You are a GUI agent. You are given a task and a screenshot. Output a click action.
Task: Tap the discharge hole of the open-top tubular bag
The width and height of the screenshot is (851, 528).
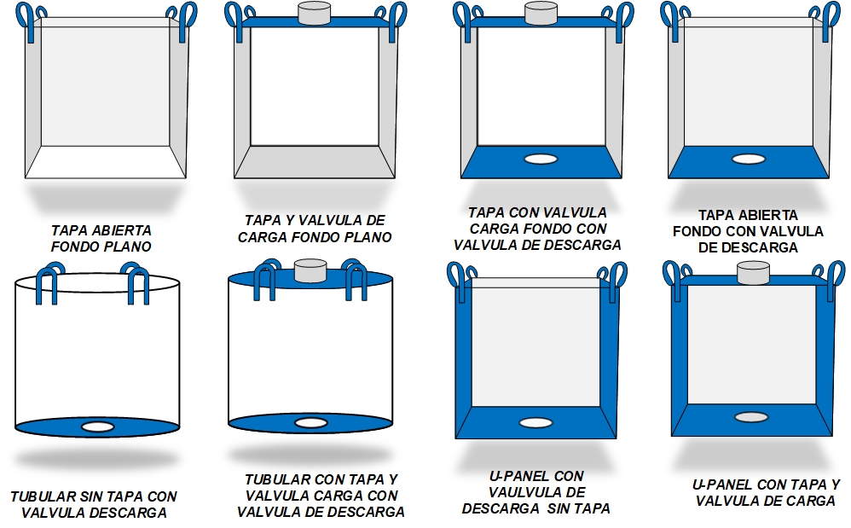tap(98, 427)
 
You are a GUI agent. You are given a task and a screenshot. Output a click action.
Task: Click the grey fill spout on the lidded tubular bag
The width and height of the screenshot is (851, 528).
tap(310, 270)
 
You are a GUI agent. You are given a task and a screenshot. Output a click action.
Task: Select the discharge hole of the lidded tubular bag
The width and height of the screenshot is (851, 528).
tap(311, 423)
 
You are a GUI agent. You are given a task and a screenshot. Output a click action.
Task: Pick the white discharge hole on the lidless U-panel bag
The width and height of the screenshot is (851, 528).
tap(535, 423)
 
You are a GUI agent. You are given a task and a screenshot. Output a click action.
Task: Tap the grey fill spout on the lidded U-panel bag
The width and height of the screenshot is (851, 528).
tap(753, 272)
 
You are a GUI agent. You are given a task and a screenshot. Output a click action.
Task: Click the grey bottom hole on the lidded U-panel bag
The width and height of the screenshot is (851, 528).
tap(751, 417)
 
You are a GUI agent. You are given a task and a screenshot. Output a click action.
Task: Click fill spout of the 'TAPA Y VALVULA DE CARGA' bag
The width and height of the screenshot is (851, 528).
tap(315, 13)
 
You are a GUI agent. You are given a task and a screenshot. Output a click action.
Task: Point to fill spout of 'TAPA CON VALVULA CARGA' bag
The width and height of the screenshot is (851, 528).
tap(541, 13)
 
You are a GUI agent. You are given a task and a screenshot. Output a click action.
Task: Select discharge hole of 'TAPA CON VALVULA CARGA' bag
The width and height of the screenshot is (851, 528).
tap(541, 159)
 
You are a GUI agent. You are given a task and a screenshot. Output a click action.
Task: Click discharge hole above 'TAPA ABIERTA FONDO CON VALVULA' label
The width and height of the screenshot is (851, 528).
tap(749, 159)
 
